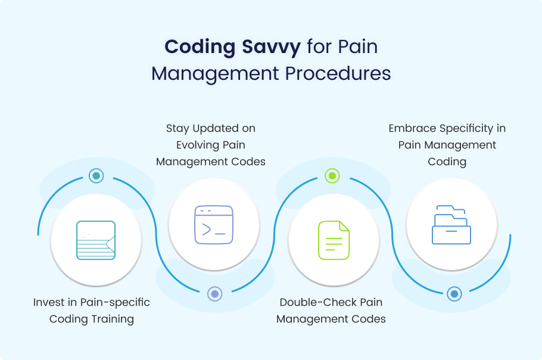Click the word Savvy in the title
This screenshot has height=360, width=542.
272,47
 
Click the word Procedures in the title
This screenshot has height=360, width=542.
338,73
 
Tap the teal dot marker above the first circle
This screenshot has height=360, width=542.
96,176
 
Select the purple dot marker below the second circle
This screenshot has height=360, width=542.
214,294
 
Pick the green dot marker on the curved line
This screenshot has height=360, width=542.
332,176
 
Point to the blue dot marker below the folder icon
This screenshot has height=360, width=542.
454,294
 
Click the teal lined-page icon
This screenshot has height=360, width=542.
96,240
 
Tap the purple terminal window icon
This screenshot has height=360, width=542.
214,225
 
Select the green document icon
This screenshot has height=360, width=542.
334,240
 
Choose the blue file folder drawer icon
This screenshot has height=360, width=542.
451,225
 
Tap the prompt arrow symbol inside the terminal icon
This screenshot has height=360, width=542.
207,229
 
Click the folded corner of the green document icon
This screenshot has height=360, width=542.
344,226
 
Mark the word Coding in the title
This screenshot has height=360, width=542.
200,47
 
